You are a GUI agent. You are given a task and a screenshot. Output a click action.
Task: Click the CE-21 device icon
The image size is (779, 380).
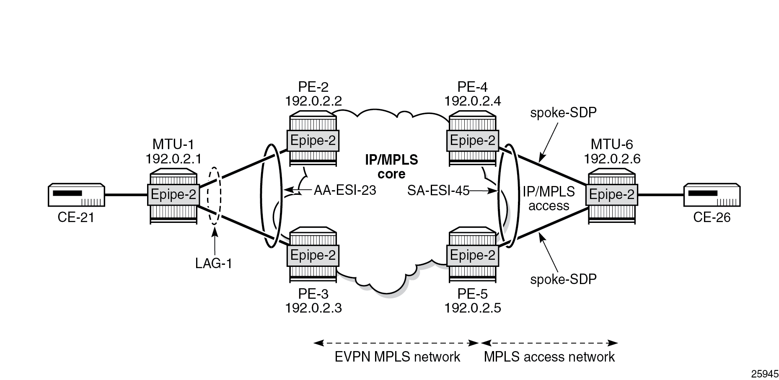(x=76, y=195)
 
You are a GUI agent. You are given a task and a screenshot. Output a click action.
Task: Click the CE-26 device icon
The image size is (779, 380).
(x=712, y=195)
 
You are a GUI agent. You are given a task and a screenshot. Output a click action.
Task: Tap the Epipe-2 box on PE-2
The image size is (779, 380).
(x=313, y=141)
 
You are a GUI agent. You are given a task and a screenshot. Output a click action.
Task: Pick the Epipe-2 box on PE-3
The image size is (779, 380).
(x=313, y=255)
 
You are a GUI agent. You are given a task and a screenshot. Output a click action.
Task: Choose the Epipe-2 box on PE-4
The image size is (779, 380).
(x=472, y=141)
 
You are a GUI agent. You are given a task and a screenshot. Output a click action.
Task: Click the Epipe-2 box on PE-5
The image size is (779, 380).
(x=472, y=255)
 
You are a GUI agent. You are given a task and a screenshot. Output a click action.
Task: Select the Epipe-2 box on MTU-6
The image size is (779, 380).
(x=612, y=195)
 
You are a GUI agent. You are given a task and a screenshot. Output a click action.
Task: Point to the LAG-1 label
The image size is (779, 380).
(x=214, y=263)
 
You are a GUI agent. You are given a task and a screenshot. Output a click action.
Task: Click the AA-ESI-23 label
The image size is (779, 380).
(x=344, y=191)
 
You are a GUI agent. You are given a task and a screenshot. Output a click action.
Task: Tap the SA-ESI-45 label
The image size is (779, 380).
(x=438, y=191)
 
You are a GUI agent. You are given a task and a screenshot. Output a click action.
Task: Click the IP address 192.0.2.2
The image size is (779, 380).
(x=313, y=101)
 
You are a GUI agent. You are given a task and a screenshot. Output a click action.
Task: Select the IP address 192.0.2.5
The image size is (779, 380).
(x=473, y=308)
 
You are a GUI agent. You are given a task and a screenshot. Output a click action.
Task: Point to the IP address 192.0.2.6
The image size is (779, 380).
(x=612, y=158)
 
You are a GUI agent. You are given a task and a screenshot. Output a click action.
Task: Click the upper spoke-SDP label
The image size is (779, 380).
(x=563, y=113)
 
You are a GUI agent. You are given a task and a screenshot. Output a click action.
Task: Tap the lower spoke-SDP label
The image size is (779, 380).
(x=563, y=279)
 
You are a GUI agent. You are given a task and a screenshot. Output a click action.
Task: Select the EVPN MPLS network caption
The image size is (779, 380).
(x=397, y=357)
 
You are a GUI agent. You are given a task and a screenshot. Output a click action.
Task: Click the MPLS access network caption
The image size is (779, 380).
(x=549, y=357)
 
